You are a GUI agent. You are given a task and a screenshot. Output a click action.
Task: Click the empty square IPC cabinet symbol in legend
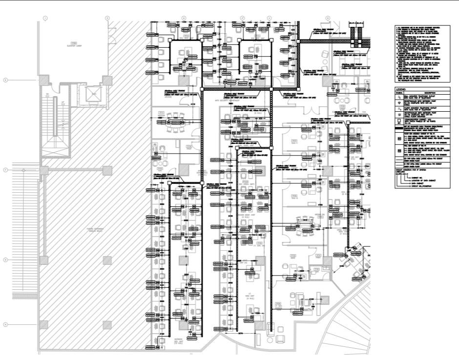[399, 120]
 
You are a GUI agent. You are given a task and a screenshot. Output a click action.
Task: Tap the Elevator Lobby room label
[74, 43]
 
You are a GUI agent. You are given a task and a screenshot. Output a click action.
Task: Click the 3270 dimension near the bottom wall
[240, 333]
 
